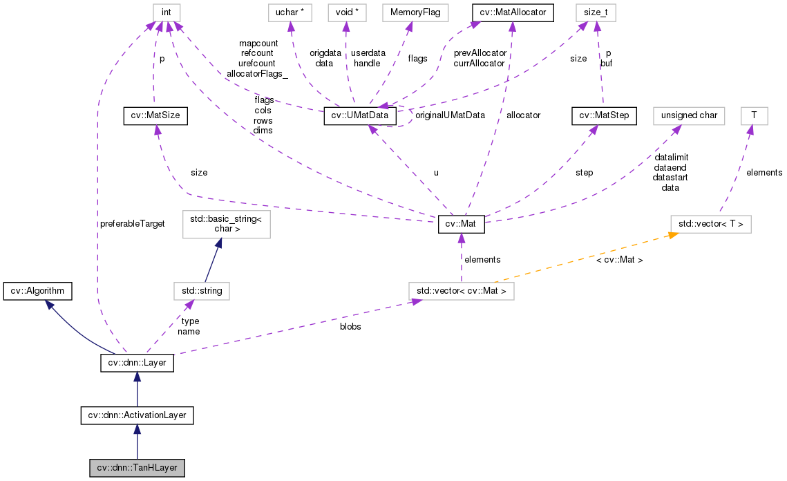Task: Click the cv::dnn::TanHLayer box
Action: click(138, 468)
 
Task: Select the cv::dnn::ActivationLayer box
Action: click(137, 415)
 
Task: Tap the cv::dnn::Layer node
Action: click(137, 362)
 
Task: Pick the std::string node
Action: click(201, 291)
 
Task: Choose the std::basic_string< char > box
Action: click(225, 225)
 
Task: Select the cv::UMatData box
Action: click(360, 116)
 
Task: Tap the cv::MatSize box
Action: click(155, 116)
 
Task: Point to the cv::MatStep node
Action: click(604, 116)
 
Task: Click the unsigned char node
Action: click(689, 116)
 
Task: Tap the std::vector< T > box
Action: click(711, 225)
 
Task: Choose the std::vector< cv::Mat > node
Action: click(461, 291)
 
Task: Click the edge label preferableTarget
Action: click(131, 224)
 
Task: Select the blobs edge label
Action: click(350, 326)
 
